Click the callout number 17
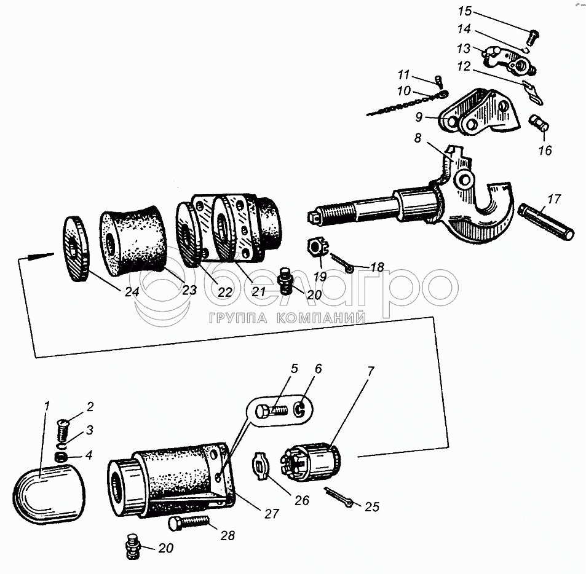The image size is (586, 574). [553, 199]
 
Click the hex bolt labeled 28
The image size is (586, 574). [188, 524]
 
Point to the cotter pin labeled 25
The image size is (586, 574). [338, 497]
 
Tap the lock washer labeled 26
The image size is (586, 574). [260, 465]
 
